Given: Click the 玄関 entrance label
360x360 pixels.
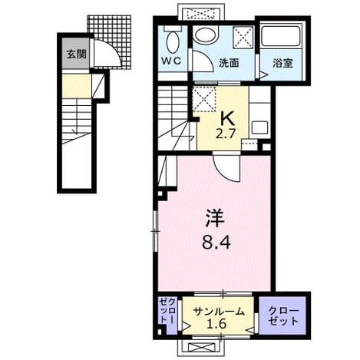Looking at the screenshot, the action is coord(76,54).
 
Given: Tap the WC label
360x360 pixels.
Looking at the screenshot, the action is coord(171,61).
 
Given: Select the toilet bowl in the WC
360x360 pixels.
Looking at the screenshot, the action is coord(173,41).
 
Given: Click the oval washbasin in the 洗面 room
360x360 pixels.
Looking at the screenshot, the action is coord(205,35).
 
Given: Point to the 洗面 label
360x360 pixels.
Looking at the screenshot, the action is coord(229,63).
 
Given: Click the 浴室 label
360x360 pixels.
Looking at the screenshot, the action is coord(282,63).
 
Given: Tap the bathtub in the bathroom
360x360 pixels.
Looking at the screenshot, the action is coord(281,37).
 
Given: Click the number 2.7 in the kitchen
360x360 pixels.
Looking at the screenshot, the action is coord(225,134).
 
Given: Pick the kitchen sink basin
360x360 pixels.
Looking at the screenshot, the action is coord(259,127).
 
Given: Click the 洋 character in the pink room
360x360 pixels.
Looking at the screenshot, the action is coord(214,218).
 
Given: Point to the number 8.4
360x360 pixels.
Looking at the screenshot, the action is coord(216,243).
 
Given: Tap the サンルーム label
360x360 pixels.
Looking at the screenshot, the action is coord(219,312).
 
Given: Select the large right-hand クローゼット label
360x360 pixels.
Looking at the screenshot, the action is coord(283,316).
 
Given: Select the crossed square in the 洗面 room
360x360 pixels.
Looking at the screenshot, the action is coord(243,37).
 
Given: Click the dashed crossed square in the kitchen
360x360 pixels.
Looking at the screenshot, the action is coord(204,99).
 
